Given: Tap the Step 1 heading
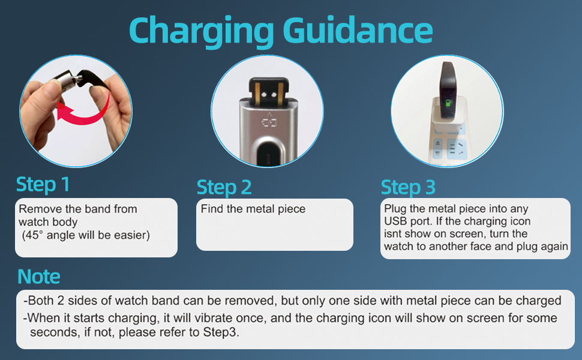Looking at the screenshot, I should (43, 184).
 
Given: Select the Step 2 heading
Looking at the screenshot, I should (224, 187).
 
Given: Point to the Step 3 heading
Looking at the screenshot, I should (408, 187).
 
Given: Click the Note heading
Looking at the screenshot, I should (39, 277).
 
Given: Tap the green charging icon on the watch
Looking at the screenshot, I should (445, 107).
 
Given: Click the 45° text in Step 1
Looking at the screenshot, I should (35, 235).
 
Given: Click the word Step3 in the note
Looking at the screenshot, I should (225, 331).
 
